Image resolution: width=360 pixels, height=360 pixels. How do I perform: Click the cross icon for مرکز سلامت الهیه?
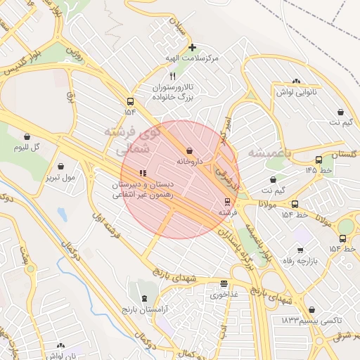[x=192, y=48]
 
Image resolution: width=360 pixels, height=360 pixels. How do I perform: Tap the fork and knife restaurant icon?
[x=172, y=76]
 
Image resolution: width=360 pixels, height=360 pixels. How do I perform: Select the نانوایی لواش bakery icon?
[x=296, y=82]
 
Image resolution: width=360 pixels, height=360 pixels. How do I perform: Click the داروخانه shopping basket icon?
[x=190, y=150]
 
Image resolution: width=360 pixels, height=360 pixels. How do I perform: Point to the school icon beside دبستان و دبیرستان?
[x=142, y=172]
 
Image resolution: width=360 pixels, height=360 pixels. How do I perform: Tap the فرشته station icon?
[x=226, y=201]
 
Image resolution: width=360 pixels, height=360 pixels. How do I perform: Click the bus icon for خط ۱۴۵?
[x=319, y=160]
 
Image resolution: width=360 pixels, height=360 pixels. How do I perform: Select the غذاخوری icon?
[x=224, y=285]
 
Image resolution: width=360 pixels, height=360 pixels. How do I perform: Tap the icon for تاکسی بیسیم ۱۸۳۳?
[x=311, y=309]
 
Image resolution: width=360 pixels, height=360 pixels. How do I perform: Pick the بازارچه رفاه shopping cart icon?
[x=300, y=250]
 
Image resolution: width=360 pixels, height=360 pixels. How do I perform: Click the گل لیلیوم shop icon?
[x=27, y=137]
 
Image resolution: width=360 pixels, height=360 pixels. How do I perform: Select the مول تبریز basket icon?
[x=63, y=167]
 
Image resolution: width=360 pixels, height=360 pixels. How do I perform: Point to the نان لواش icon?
[x=60, y=346]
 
